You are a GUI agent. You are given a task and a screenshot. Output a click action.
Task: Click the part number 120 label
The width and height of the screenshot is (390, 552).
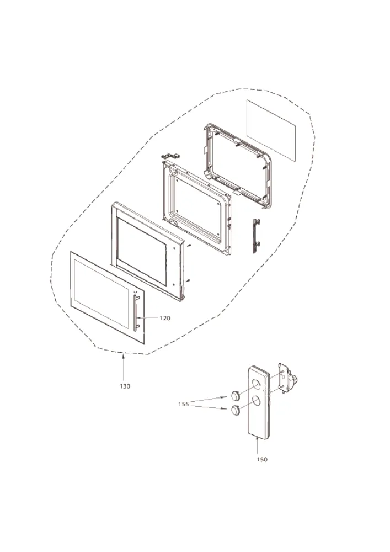(x=165, y=319)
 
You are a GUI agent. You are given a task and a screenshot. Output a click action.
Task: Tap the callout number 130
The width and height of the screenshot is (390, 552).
(x=125, y=386)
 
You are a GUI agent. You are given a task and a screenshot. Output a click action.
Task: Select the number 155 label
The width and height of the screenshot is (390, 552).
(x=184, y=404)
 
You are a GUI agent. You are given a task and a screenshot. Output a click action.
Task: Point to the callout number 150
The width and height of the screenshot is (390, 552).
(x=262, y=459)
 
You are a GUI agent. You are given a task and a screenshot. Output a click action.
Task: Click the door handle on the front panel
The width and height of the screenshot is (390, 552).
(x=136, y=313)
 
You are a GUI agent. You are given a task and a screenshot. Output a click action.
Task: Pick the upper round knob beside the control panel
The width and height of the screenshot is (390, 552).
(x=235, y=396)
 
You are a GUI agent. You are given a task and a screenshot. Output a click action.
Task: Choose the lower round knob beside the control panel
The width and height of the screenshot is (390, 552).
(x=235, y=411)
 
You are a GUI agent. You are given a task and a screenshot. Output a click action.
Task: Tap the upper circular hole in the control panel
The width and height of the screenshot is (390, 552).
(x=258, y=384)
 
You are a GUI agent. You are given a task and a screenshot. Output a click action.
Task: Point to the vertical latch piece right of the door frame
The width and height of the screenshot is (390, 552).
(x=257, y=236)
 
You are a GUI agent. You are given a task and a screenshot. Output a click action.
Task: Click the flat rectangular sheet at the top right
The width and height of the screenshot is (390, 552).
(x=271, y=131)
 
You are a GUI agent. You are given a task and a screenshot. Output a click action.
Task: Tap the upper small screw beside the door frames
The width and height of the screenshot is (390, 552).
(x=189, y=246)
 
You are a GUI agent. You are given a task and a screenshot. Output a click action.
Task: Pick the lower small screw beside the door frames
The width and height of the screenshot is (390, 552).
(x=189, y=280)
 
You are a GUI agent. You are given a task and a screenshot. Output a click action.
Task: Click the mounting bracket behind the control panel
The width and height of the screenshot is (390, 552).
(x=284, y=377)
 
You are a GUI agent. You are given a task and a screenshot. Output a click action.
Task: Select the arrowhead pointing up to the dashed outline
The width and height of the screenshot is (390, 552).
(x=124, y=357)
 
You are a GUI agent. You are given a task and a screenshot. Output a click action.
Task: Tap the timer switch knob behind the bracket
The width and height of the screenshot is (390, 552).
(x=293, y=380)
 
